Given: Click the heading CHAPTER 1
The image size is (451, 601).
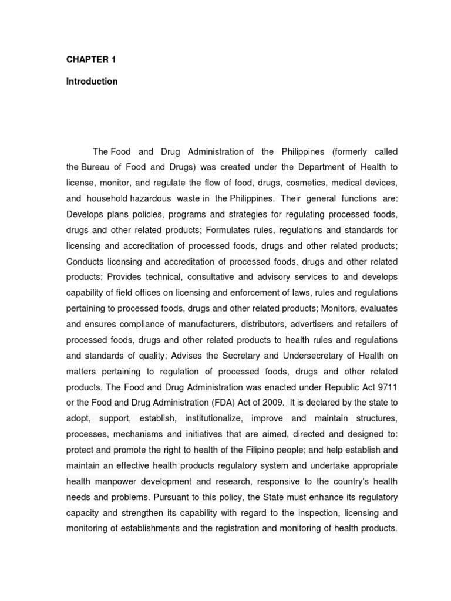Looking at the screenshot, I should (x=87, y=59).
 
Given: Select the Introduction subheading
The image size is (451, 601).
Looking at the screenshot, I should (x=92, y=82).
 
